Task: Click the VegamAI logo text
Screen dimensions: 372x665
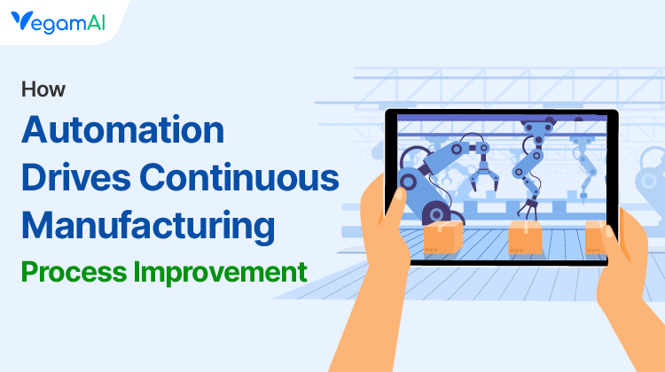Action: (64, 21)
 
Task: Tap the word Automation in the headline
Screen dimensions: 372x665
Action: (122, 131)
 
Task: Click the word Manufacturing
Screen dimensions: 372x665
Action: (147, 225)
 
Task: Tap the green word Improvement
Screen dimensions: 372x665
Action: (222, 270)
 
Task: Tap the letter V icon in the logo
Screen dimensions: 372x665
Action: (21, 21)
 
